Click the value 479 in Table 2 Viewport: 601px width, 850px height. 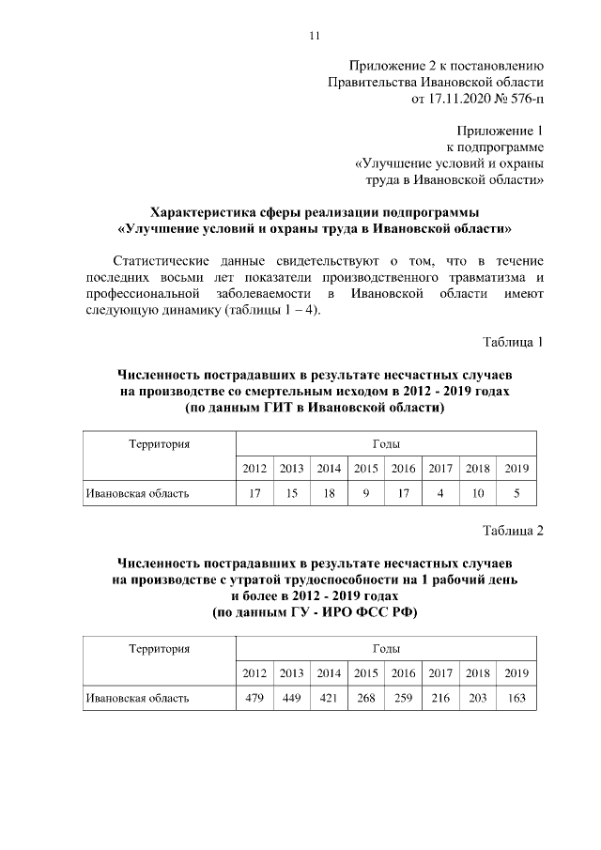[254, 698]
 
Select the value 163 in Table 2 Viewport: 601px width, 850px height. [516, 698]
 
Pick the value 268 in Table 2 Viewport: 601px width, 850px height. [365, 698]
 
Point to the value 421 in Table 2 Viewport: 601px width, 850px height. [329, 698]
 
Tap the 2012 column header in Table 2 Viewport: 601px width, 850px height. [254, 673]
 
